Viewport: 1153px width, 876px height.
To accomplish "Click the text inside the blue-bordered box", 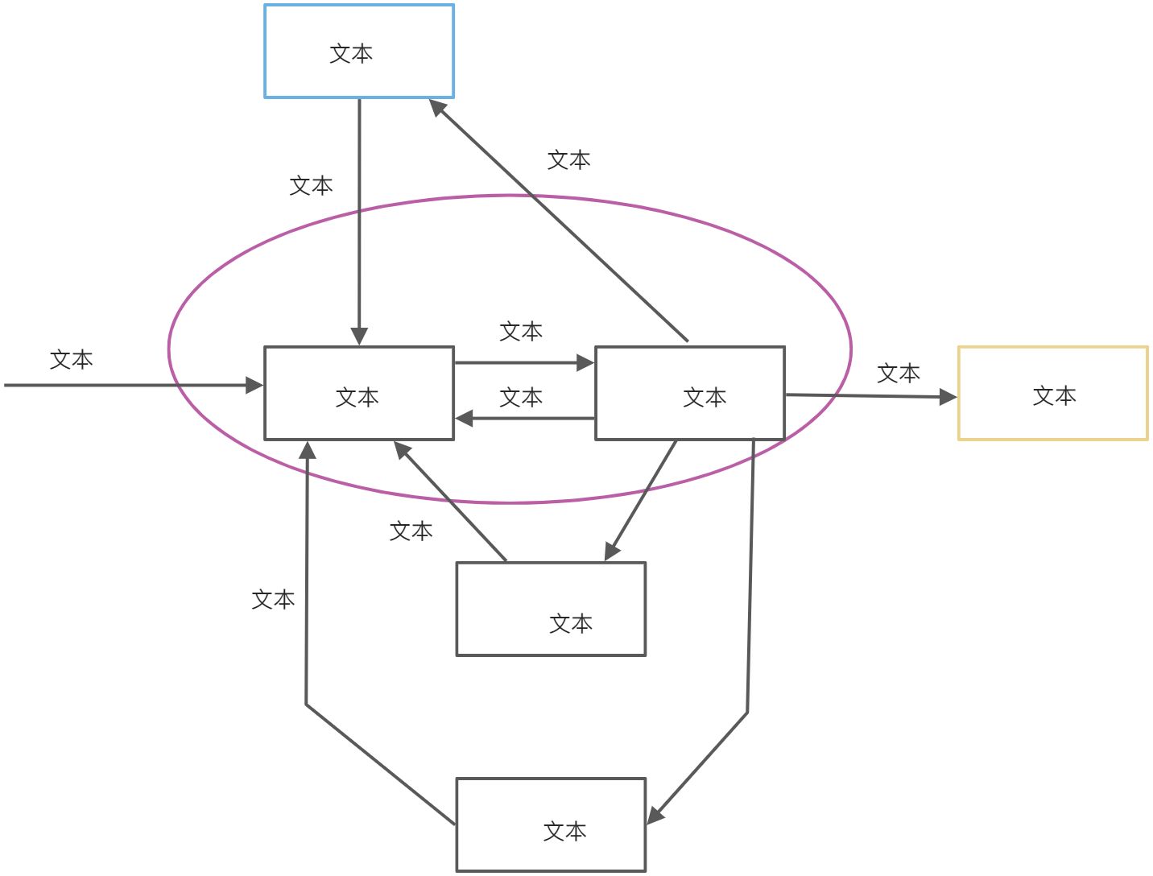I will tap(351, 54).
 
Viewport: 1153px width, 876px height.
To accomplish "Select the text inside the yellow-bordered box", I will tap(1054, 396).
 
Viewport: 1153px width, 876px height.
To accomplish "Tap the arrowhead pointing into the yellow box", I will tap(948, 396).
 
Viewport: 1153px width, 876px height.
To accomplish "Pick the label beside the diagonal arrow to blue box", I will tap(568, 160).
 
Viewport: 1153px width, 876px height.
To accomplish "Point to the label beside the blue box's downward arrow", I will tap(311, 186).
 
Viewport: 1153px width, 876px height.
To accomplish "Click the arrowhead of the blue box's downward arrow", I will tap(359, 336).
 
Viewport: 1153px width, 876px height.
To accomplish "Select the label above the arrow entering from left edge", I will tap(71, 360).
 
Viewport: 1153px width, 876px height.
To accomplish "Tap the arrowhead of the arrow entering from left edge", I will tap(254, 386).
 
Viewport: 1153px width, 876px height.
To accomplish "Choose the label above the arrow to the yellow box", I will tap(898, 374).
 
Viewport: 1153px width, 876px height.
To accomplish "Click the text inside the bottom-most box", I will tap(564, 831).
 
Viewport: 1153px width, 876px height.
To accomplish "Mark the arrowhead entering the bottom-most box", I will tap(655, 814).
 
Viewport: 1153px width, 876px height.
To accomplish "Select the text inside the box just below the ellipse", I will tap(571, 623).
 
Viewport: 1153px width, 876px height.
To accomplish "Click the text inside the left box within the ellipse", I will tap(357, 397).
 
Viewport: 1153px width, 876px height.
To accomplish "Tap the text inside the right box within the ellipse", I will tap(705, 397).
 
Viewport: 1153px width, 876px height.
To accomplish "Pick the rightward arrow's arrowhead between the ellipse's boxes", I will tap(585, 363).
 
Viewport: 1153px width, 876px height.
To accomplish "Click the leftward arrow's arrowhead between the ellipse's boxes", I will tap(464, 419).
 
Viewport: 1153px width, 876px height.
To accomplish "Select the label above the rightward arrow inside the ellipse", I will tap(521, 332).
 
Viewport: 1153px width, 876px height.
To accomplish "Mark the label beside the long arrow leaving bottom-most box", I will tap(273, 600).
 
